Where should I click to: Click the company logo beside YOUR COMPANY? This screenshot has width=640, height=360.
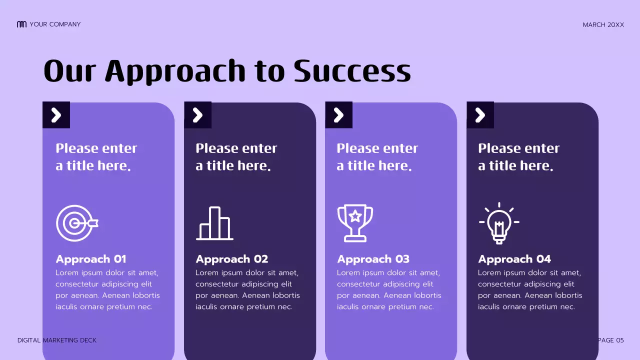21,24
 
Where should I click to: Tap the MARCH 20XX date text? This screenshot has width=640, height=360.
603,24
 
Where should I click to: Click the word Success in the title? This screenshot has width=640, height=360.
352,71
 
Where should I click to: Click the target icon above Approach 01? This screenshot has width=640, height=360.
76,223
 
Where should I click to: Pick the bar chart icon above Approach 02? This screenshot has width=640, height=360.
214,223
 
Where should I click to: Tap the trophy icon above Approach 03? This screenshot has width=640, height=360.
355,222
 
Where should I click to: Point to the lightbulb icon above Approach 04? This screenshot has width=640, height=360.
498,223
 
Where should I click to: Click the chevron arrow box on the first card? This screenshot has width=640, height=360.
56,115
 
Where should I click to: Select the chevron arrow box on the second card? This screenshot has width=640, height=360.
197,115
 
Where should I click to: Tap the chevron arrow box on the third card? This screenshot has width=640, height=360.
338,115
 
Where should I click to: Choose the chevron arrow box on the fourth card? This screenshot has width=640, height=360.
480,115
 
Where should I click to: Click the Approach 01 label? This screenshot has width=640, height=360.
91,259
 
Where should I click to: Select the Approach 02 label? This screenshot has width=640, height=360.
232,259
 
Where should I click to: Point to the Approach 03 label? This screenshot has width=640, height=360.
373,259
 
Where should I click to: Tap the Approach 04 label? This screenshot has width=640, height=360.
514,259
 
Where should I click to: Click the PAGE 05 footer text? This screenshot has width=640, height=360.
611,340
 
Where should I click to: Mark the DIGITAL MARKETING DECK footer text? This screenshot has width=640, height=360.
57,340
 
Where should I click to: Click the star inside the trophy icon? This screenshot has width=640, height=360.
355,216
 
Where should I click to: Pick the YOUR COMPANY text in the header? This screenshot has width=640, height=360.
55,24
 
